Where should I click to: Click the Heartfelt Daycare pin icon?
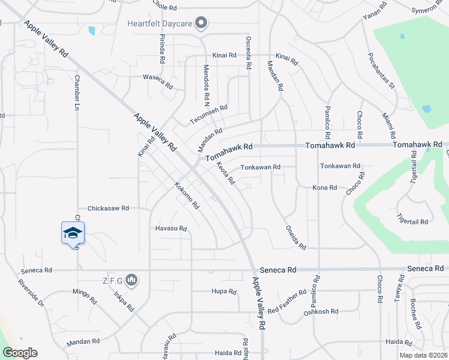201,24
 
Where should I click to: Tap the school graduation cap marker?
73,232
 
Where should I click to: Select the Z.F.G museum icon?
133,280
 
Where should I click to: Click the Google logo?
20,353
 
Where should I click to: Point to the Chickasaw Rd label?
109,209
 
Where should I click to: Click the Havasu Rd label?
171,229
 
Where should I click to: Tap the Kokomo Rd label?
187,195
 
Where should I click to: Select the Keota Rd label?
226,174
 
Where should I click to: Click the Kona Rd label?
325,188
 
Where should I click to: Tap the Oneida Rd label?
295,238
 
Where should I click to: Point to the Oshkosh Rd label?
321,312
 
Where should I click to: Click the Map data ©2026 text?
421,355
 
